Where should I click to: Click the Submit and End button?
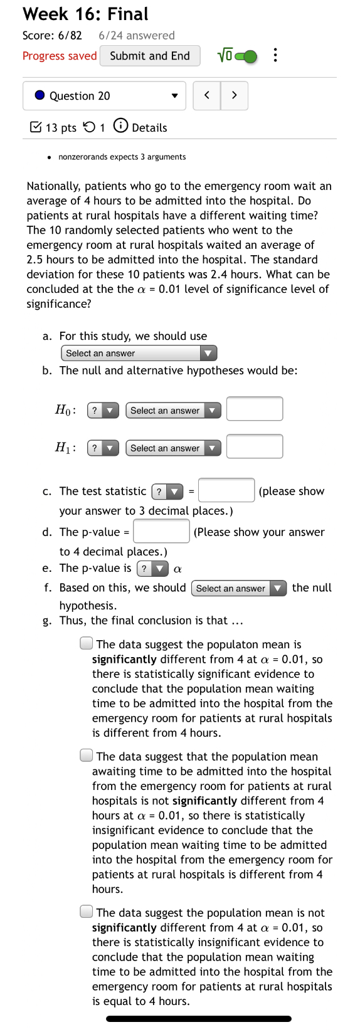coord(150,56)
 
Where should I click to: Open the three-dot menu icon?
coord(275,56)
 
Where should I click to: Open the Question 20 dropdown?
coord(104,96)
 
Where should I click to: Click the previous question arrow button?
coord(207,95)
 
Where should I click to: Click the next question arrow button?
coord(234,95)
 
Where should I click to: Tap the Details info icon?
coord(121,126)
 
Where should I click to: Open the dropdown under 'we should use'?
coord(139,353)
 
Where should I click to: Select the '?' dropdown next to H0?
coord(103,411)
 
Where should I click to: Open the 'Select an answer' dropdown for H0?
coord(173,411)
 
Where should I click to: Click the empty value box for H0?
coord(254,409)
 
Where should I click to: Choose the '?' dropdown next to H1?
coord(103,448)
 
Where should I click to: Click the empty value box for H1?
coord(254,446)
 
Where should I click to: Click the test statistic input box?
coord(226,490)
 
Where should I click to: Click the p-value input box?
coord(161,531)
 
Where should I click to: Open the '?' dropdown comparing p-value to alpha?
coord(152,569)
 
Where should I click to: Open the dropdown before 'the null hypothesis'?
coord(238,588)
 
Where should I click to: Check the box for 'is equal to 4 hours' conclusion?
coord(87,912)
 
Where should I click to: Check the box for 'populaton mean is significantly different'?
coord(87,643)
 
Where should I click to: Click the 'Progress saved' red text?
coord(60,56)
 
